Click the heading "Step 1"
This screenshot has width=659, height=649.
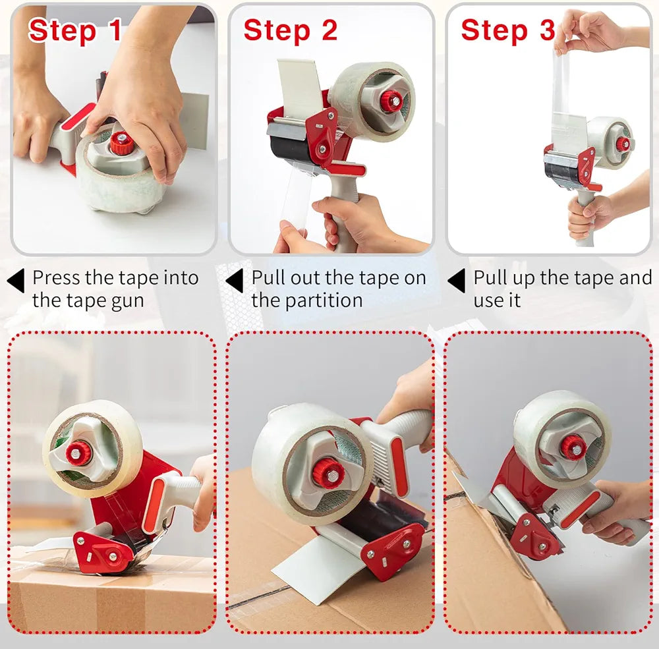[75, 30]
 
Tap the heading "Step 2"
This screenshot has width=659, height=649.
[291, 30]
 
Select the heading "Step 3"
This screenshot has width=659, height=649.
[508, 30]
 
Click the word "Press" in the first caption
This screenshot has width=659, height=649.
[56, 278]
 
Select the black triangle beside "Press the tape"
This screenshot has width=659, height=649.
[16, 281]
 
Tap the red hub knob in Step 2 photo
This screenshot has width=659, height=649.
[391, 101]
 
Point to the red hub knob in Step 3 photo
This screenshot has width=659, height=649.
[623, 144]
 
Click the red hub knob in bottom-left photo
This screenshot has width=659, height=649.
[78, 453]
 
